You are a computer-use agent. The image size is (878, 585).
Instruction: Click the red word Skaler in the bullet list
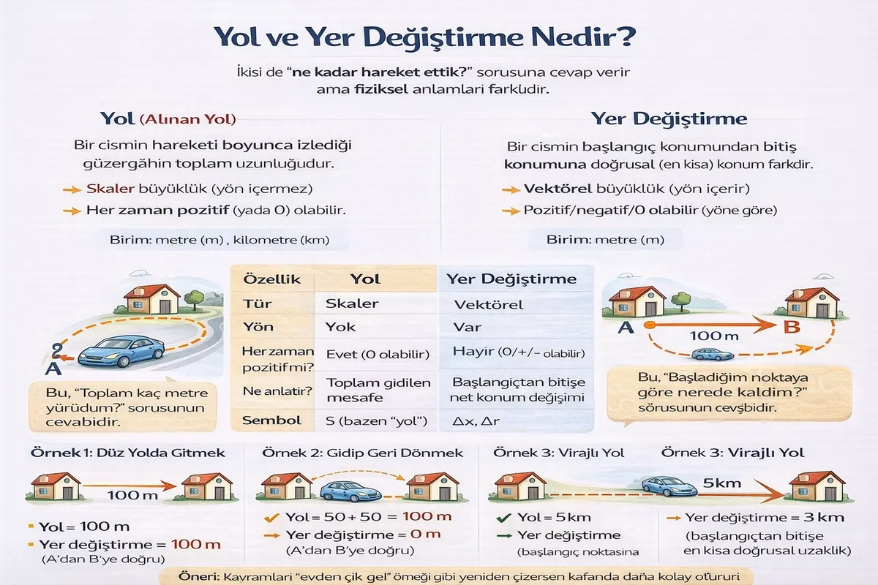[x=110, y=189]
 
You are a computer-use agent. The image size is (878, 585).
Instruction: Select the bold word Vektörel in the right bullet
[x=558, y=189]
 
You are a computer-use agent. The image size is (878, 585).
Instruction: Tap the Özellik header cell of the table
[x=271, y=279]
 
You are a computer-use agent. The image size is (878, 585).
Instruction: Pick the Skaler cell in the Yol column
[x=352, y=303]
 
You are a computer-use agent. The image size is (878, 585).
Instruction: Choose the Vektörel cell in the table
[x=489, y=304]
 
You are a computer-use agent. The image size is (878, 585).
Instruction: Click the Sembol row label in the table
[x=271, y=420]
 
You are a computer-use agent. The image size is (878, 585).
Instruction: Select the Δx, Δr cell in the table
[x=476, y=420]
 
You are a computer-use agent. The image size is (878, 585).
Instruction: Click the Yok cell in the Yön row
[x=340, y=327]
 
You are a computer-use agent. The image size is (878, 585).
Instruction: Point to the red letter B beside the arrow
[x=792, y=327]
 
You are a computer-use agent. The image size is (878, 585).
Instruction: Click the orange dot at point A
[x=650, y=325]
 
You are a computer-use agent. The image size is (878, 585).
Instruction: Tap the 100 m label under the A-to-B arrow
[x=714, y=336]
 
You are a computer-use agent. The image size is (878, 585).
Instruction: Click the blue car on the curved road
[x=121, y=351]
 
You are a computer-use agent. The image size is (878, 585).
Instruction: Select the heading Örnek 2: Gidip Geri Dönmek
[x=362, y=453]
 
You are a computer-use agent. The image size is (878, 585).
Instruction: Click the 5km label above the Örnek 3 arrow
[x=721, y=483]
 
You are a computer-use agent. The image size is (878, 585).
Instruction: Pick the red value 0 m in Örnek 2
[x=425, y=534]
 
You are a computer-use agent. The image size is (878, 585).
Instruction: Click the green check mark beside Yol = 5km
[x=503, y=518]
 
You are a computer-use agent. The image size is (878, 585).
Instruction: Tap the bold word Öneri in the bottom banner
[x=198, y=576]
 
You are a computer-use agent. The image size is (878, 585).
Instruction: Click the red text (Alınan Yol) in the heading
[x=188, y=119]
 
